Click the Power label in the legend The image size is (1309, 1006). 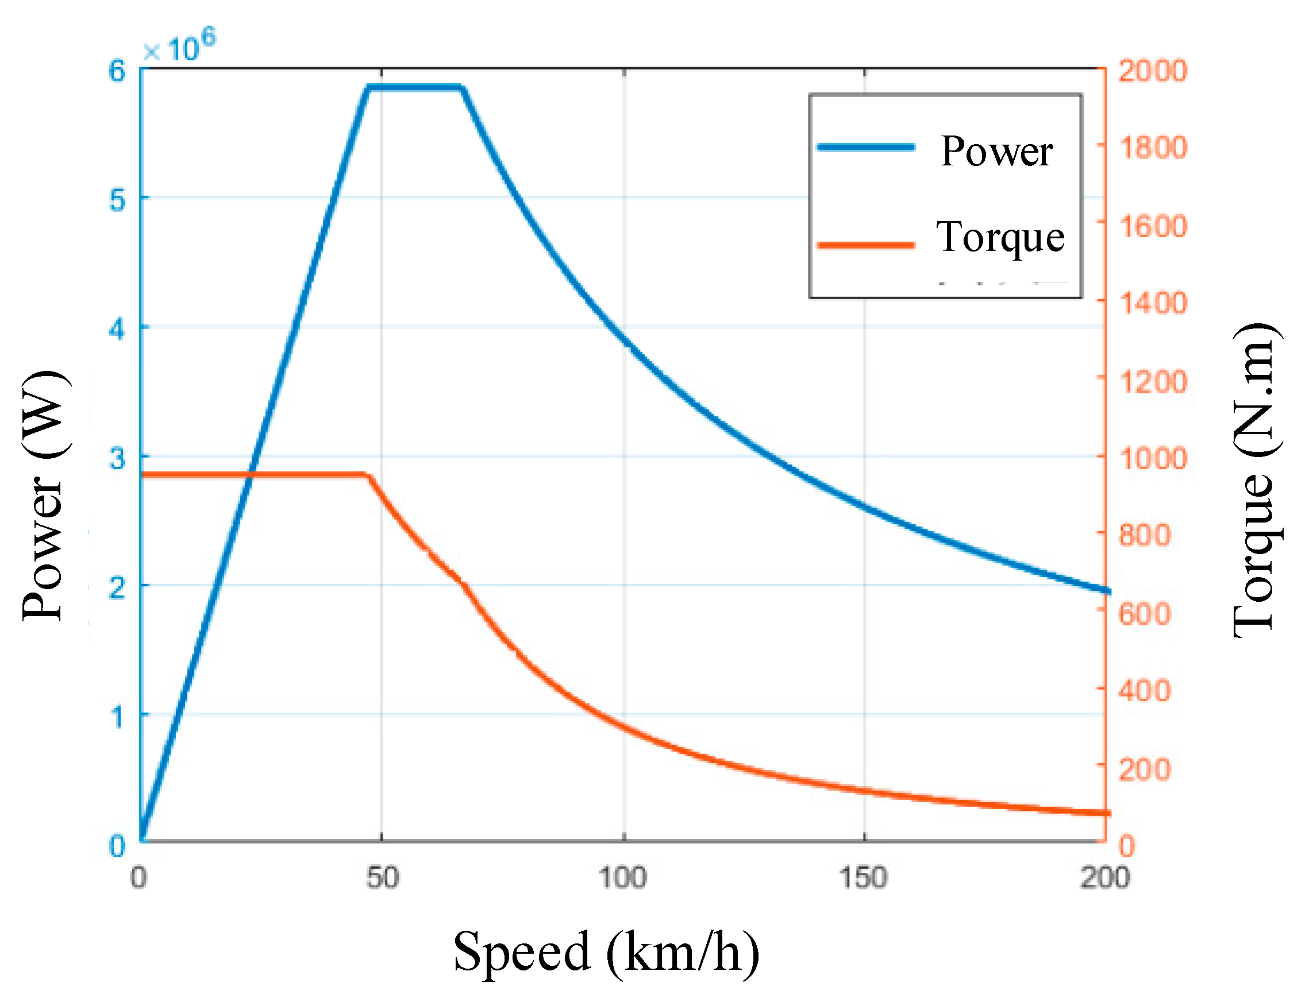[996, 151]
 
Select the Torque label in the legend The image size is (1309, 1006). [1000, 237]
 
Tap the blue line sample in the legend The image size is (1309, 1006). [866, 148]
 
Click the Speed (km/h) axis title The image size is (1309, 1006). [606, 951]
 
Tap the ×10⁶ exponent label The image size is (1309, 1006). [179, 47]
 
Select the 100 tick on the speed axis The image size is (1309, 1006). [622, 879]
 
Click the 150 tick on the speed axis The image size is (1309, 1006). [863, 879]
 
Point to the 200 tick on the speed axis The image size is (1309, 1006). [1104, 879]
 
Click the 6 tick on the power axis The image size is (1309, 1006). [117, 71]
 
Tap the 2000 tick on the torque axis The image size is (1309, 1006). [1152, 71]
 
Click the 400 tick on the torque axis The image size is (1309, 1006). [1144, 691]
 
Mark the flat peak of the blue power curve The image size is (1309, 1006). [414, 88]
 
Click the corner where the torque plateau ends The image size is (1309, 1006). [367, 475]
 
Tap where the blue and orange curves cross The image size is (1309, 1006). [252, 475]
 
